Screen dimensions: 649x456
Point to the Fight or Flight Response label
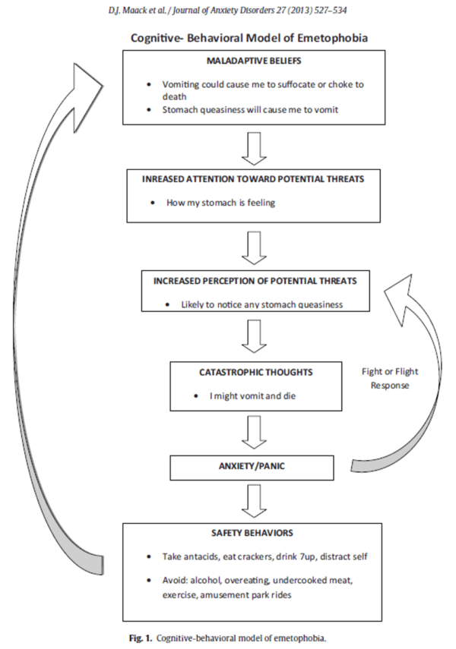coord(389,378)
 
